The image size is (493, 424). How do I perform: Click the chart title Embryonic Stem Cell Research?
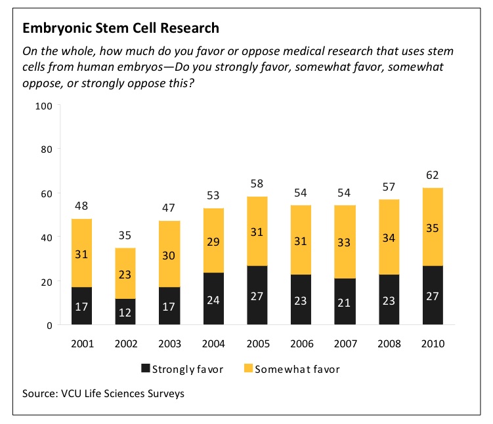point(121,29)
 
